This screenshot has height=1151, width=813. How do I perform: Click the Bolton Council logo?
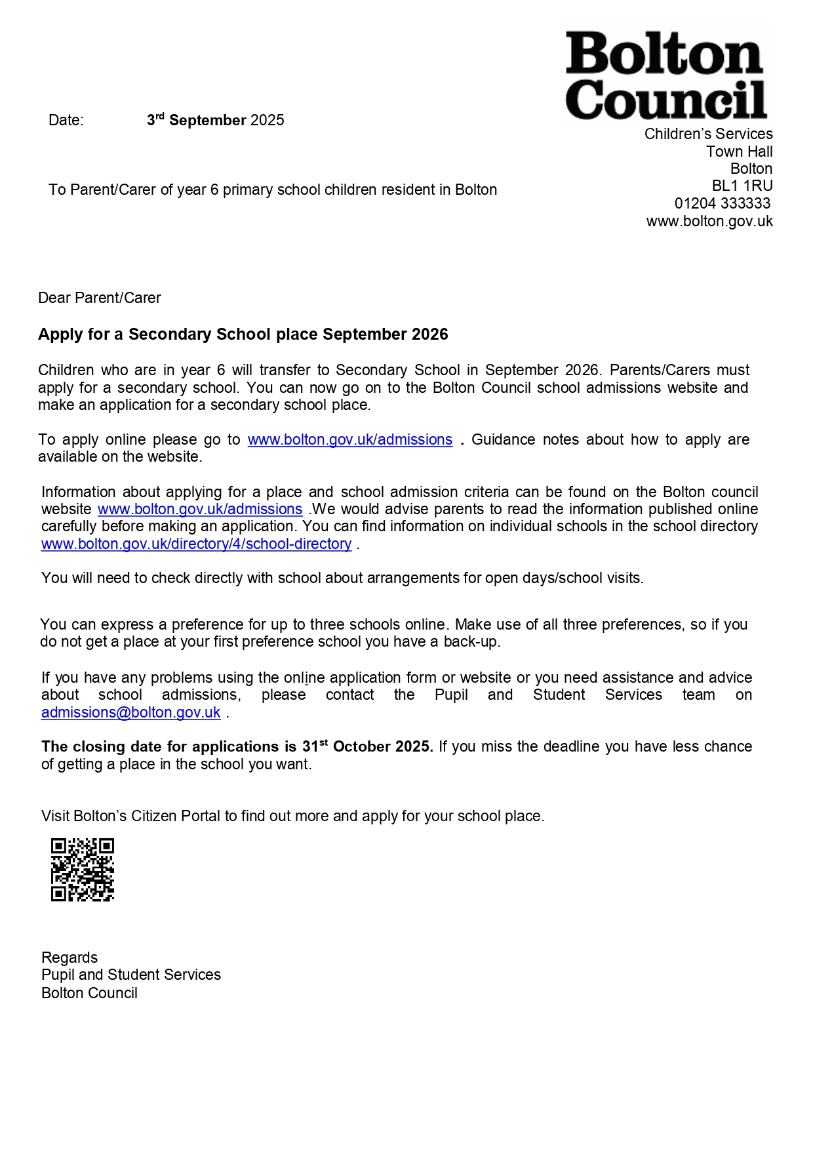[665, 75]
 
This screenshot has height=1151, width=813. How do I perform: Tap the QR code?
[83, 869]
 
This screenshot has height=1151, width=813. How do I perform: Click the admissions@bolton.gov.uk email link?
[130, 712]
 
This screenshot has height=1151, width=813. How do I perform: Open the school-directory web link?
[196, 544]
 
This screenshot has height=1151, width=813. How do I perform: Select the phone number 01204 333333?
[722, 203]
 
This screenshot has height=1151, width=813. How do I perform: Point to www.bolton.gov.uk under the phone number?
[709, 221]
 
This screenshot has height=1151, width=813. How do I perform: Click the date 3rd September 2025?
[215, 120]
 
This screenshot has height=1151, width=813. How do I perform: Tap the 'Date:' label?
[66, 120]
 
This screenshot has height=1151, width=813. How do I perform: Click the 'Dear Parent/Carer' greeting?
[100, 298]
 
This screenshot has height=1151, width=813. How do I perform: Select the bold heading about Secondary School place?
[243, 334]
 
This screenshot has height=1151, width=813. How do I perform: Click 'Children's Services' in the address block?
[708, 134]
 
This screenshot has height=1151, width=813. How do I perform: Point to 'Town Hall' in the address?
[739, 151]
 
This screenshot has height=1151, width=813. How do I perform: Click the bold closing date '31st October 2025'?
[367, 746]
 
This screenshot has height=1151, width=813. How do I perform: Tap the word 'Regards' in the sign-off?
[69, 958]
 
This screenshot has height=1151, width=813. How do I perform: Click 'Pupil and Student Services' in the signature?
[131, 975]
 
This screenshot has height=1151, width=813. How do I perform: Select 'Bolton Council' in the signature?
[89, 993]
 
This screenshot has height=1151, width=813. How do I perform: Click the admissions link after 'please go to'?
[349, 439]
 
